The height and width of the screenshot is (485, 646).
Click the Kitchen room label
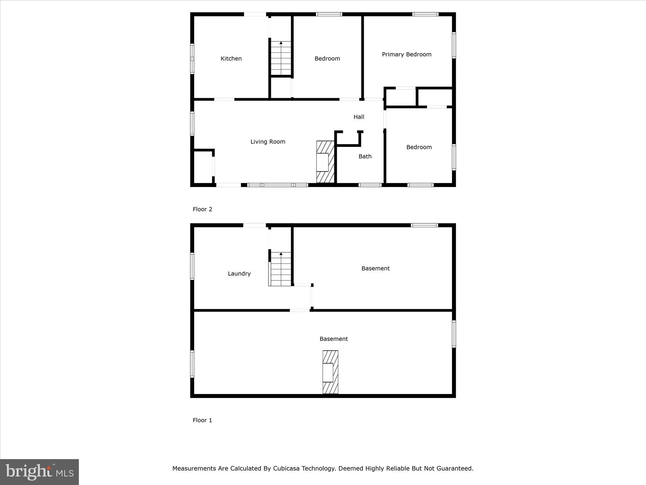[231, 59]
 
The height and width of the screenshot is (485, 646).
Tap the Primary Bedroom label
[406, 55]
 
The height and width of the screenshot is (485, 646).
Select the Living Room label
[268, 142]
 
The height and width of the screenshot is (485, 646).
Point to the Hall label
[359, 117]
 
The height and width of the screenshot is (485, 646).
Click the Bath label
[365, 157]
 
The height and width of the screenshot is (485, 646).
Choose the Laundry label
[239, 274]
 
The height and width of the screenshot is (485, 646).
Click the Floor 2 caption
[202, 209]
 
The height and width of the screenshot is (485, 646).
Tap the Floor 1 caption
[202, 420]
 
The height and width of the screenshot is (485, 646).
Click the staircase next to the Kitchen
[281, 58]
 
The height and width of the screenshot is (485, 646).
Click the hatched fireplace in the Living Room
[325, 162]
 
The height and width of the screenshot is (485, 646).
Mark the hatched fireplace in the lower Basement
[330, 372]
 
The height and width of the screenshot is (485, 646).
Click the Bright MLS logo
[39, 472]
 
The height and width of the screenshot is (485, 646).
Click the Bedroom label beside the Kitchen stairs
[327, 59]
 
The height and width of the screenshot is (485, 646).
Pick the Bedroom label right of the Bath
[419, 147]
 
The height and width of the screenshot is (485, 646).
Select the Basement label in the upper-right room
[375, 269]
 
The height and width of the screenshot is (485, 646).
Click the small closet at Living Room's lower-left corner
[203, 167]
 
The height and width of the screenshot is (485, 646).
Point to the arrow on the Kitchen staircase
[281, 43]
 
